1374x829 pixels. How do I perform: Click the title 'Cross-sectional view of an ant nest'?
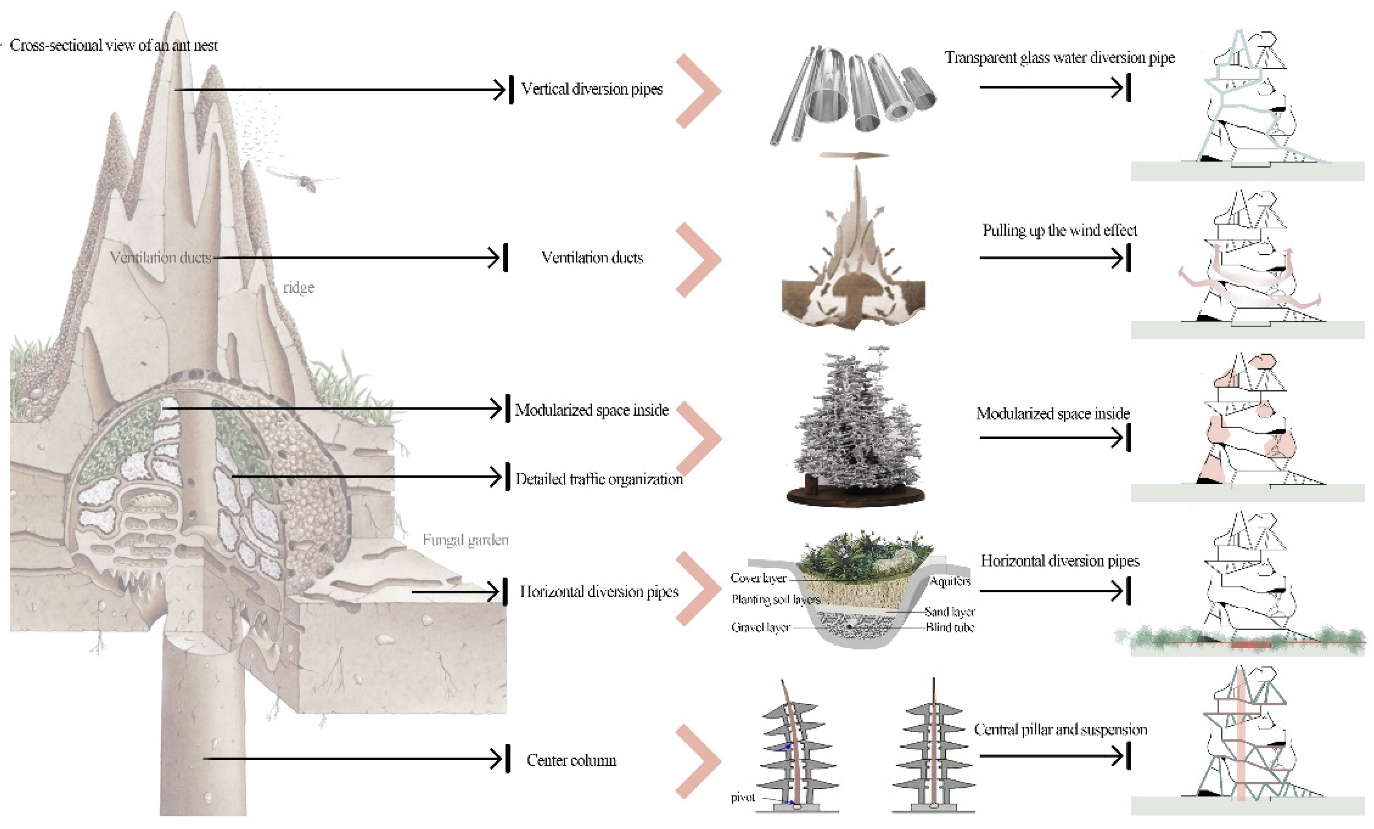pos(114,45)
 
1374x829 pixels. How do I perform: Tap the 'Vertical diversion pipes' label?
pos(591,89)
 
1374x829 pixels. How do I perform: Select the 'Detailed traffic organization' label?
pos(598,479)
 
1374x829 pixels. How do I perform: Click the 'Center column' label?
pos(571,760)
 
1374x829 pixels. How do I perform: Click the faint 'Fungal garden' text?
pos(465,540)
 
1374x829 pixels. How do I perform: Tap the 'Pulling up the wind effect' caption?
pos(1059,230)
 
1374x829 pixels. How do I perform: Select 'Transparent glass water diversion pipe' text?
pos(1059,58)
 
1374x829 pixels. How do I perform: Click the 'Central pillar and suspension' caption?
pos(1060,730)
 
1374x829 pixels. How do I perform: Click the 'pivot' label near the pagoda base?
pos(743,798)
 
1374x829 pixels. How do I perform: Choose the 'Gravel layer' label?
pos(761,628)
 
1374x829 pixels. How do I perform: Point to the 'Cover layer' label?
pos(758,578)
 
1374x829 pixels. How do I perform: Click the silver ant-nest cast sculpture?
pos(857,429)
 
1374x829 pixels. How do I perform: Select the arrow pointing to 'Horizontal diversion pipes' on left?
pos(457,592)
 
